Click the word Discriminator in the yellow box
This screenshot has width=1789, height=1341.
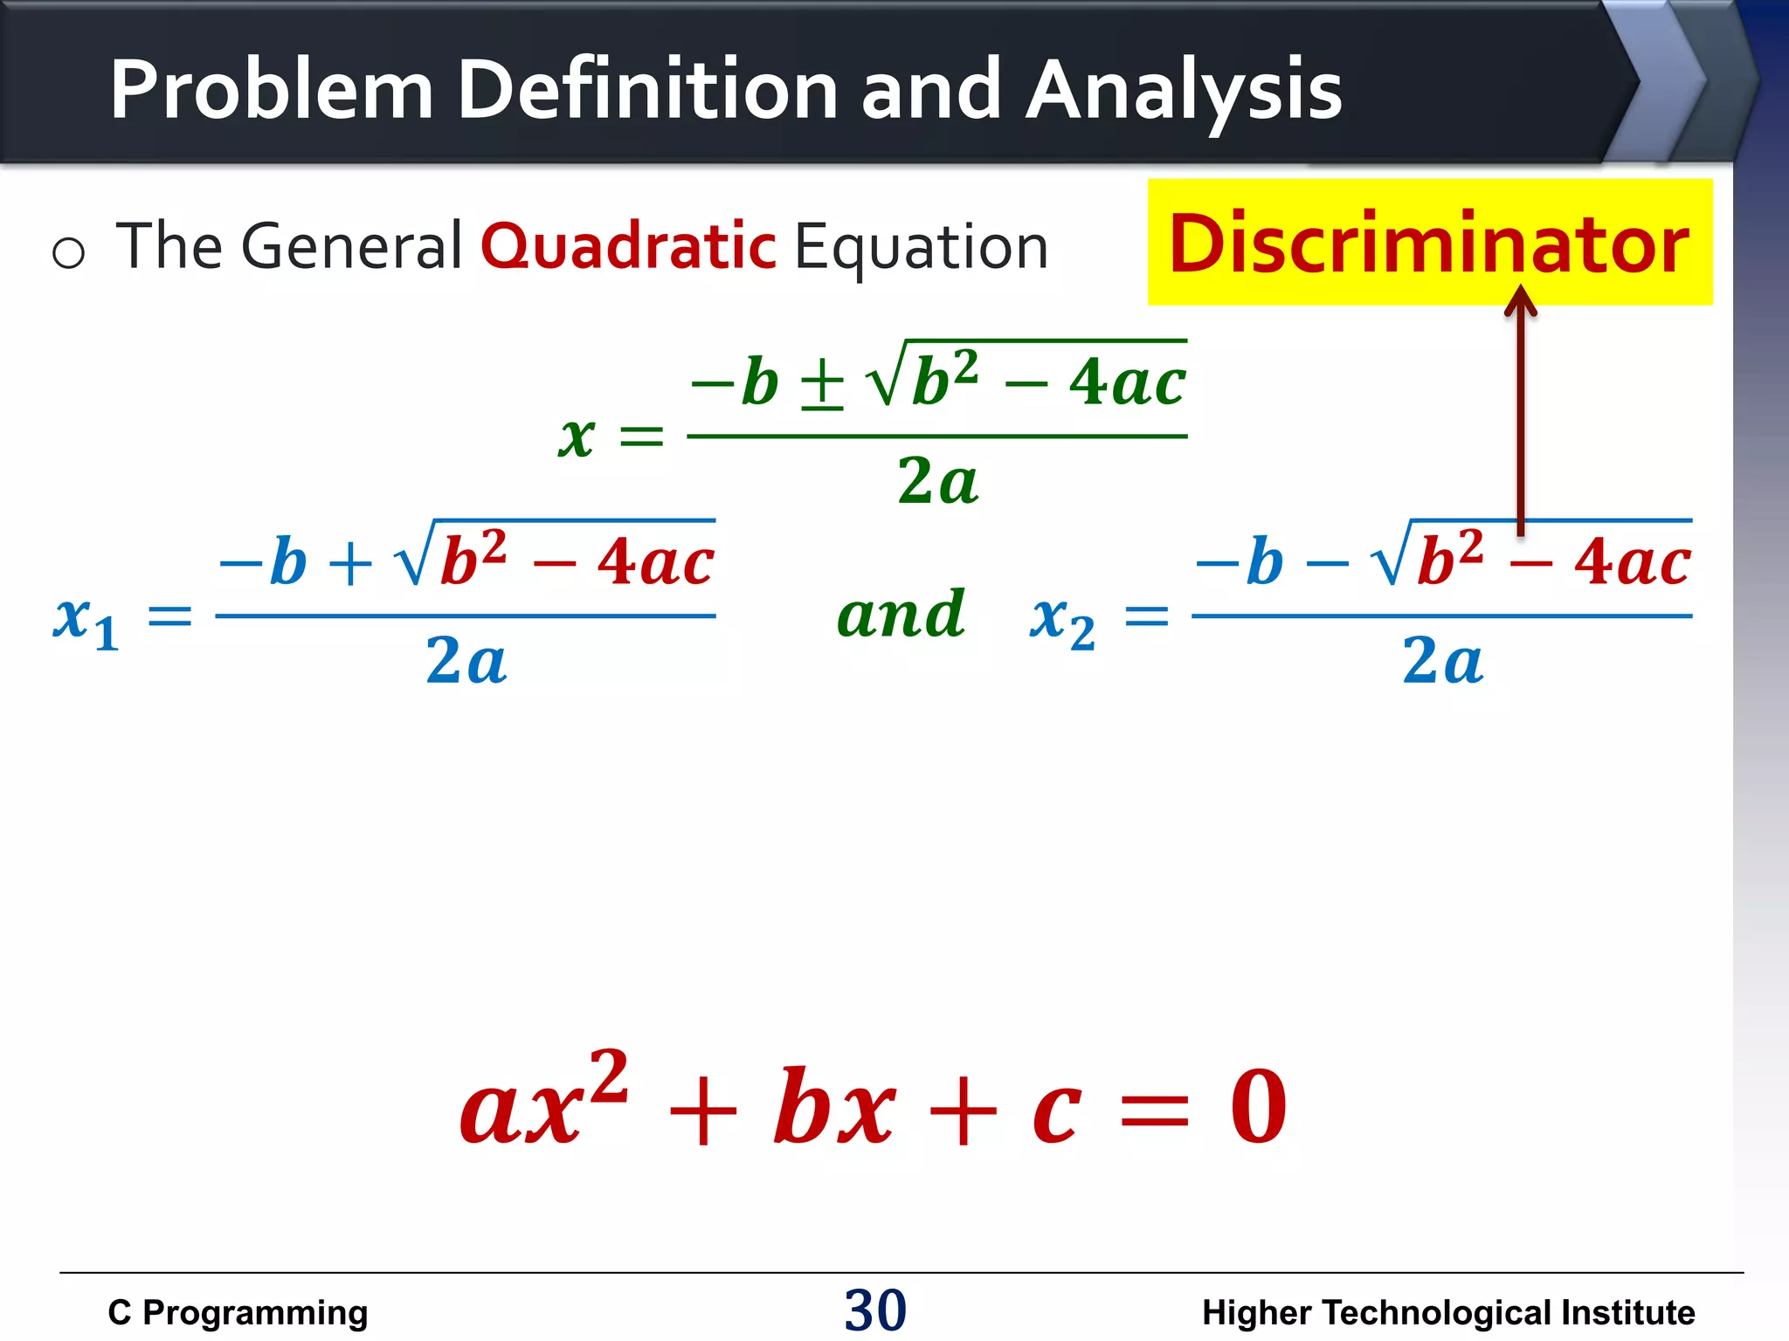(x=1429, y=244)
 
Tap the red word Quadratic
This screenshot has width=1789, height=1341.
(x=628, y=247)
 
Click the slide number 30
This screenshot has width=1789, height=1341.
(x=875, y=1310)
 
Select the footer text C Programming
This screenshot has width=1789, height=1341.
(x=238, y=1312)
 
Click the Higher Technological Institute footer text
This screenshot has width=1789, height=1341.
(x=1447, y=1312)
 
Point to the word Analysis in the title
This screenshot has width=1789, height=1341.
(x=1184, y=92)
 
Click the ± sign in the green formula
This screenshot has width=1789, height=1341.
(x=822, y=384)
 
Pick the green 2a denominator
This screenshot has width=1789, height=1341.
(x=937, y=481)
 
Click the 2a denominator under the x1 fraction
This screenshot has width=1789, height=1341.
(x=466, y=661)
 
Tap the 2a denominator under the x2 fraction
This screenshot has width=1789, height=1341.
(x=1442, y=661)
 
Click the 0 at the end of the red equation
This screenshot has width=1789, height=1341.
(x=1258, y=1107)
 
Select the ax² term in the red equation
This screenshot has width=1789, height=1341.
(x=543, y=1102)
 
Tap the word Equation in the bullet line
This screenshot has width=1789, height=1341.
(x=921, y=247)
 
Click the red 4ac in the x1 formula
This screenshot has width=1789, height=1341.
(x=655, y=561)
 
